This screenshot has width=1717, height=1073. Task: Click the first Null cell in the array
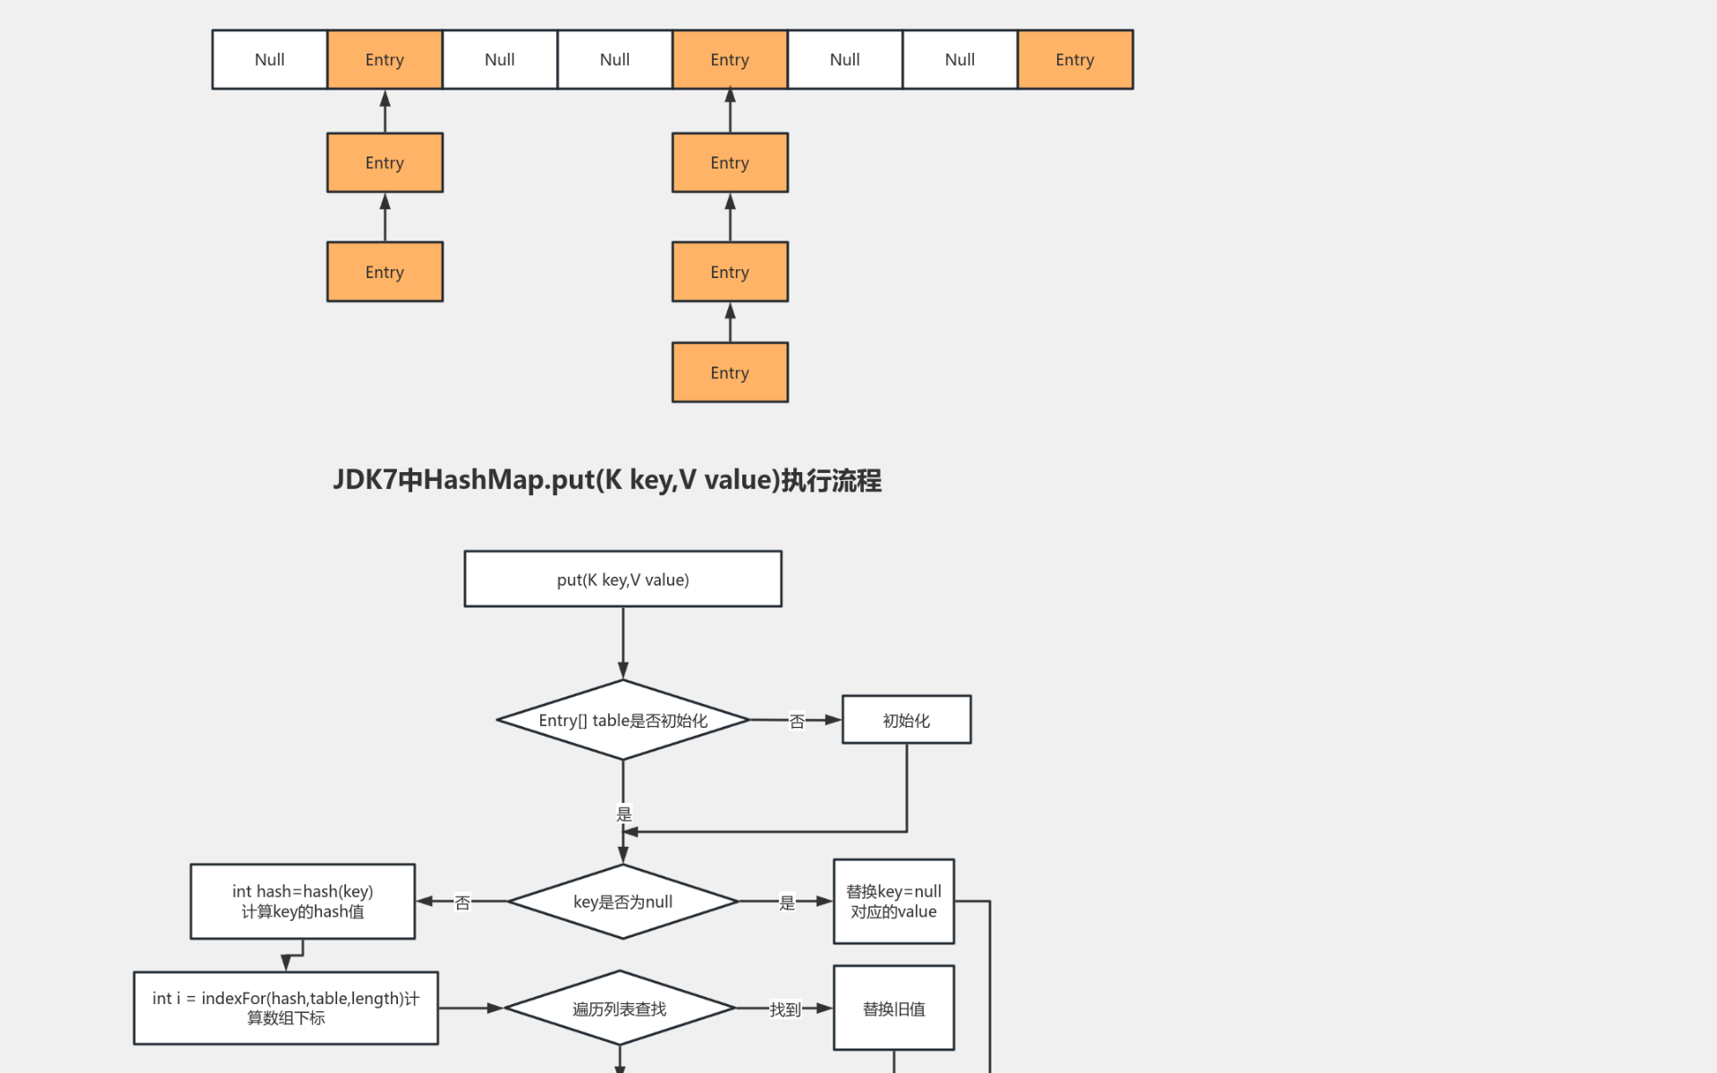point(269,60)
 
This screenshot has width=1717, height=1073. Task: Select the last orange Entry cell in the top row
point(1075,60)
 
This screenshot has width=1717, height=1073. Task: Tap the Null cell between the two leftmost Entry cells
point(500,60)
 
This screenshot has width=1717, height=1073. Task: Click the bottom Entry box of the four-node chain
point(730,373)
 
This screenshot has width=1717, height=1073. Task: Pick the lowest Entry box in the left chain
point(385,272)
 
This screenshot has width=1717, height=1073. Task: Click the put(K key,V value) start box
point(622,579)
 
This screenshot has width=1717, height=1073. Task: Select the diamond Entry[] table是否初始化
point(622,721)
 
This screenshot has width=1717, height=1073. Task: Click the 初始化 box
point(906,721)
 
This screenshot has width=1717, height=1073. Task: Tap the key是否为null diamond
point(622,902)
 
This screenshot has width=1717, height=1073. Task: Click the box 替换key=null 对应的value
point(893,901)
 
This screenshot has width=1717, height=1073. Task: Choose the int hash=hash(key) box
point(302,901)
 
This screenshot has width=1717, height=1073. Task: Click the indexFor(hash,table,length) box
point(285,1008)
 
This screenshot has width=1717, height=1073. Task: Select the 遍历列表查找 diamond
point(619,1009)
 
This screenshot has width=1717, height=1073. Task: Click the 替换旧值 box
point(893,1009)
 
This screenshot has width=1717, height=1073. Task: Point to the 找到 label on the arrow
point(784,1010)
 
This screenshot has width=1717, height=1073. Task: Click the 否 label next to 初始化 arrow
point(797,722)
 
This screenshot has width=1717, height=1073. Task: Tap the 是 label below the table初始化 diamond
point(623,814)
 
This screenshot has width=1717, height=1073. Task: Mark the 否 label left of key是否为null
point(462,903)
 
